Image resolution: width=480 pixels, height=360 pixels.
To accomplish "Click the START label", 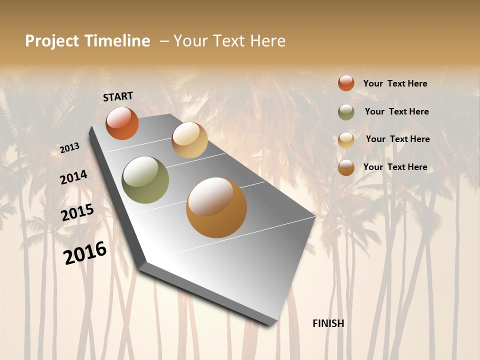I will pos(118,96).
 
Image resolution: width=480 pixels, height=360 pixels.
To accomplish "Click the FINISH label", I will pos(328,323).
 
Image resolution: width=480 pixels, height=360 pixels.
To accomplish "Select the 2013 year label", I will pos(70,148).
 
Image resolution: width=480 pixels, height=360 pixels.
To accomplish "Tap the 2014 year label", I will pos(73,177).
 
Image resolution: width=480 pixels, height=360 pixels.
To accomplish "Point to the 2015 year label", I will pos(77,212).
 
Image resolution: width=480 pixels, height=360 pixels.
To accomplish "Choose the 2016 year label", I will pos(85,253).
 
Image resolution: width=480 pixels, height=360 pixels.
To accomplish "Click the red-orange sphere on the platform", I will pos(122,123).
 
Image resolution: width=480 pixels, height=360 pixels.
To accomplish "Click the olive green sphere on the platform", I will pos(145,180).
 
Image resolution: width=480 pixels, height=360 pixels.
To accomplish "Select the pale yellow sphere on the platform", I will pos(189,140).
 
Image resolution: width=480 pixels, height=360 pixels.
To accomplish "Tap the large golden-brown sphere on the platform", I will pos(216,207).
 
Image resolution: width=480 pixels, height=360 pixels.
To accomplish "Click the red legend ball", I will pos(346,83).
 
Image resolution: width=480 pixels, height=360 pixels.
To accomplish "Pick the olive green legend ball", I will pos(346,112).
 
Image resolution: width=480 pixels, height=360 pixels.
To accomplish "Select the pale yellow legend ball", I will pos(346,139).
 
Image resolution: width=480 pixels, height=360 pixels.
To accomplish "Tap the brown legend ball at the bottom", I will pos(346,167).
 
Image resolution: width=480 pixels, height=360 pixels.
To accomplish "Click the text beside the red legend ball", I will pos(395,84).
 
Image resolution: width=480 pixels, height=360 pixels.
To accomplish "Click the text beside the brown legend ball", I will pos(395,167).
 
